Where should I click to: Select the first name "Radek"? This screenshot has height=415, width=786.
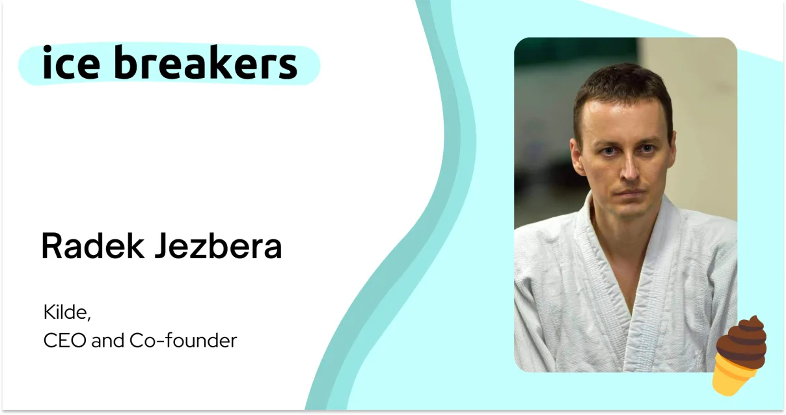tap(92, 246)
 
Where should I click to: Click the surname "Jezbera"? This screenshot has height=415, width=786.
tap(218, 246)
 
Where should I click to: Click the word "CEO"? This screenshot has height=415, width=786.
tap(64, 341)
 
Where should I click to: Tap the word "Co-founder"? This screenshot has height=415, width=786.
tap(183, 341)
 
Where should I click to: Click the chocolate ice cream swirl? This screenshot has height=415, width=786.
tap(742, 341)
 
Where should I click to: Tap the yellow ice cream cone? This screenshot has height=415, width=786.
tap(735, 377)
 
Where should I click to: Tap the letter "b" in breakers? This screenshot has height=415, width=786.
tap(126, 61)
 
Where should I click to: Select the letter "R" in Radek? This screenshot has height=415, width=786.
tap(51, 246)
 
